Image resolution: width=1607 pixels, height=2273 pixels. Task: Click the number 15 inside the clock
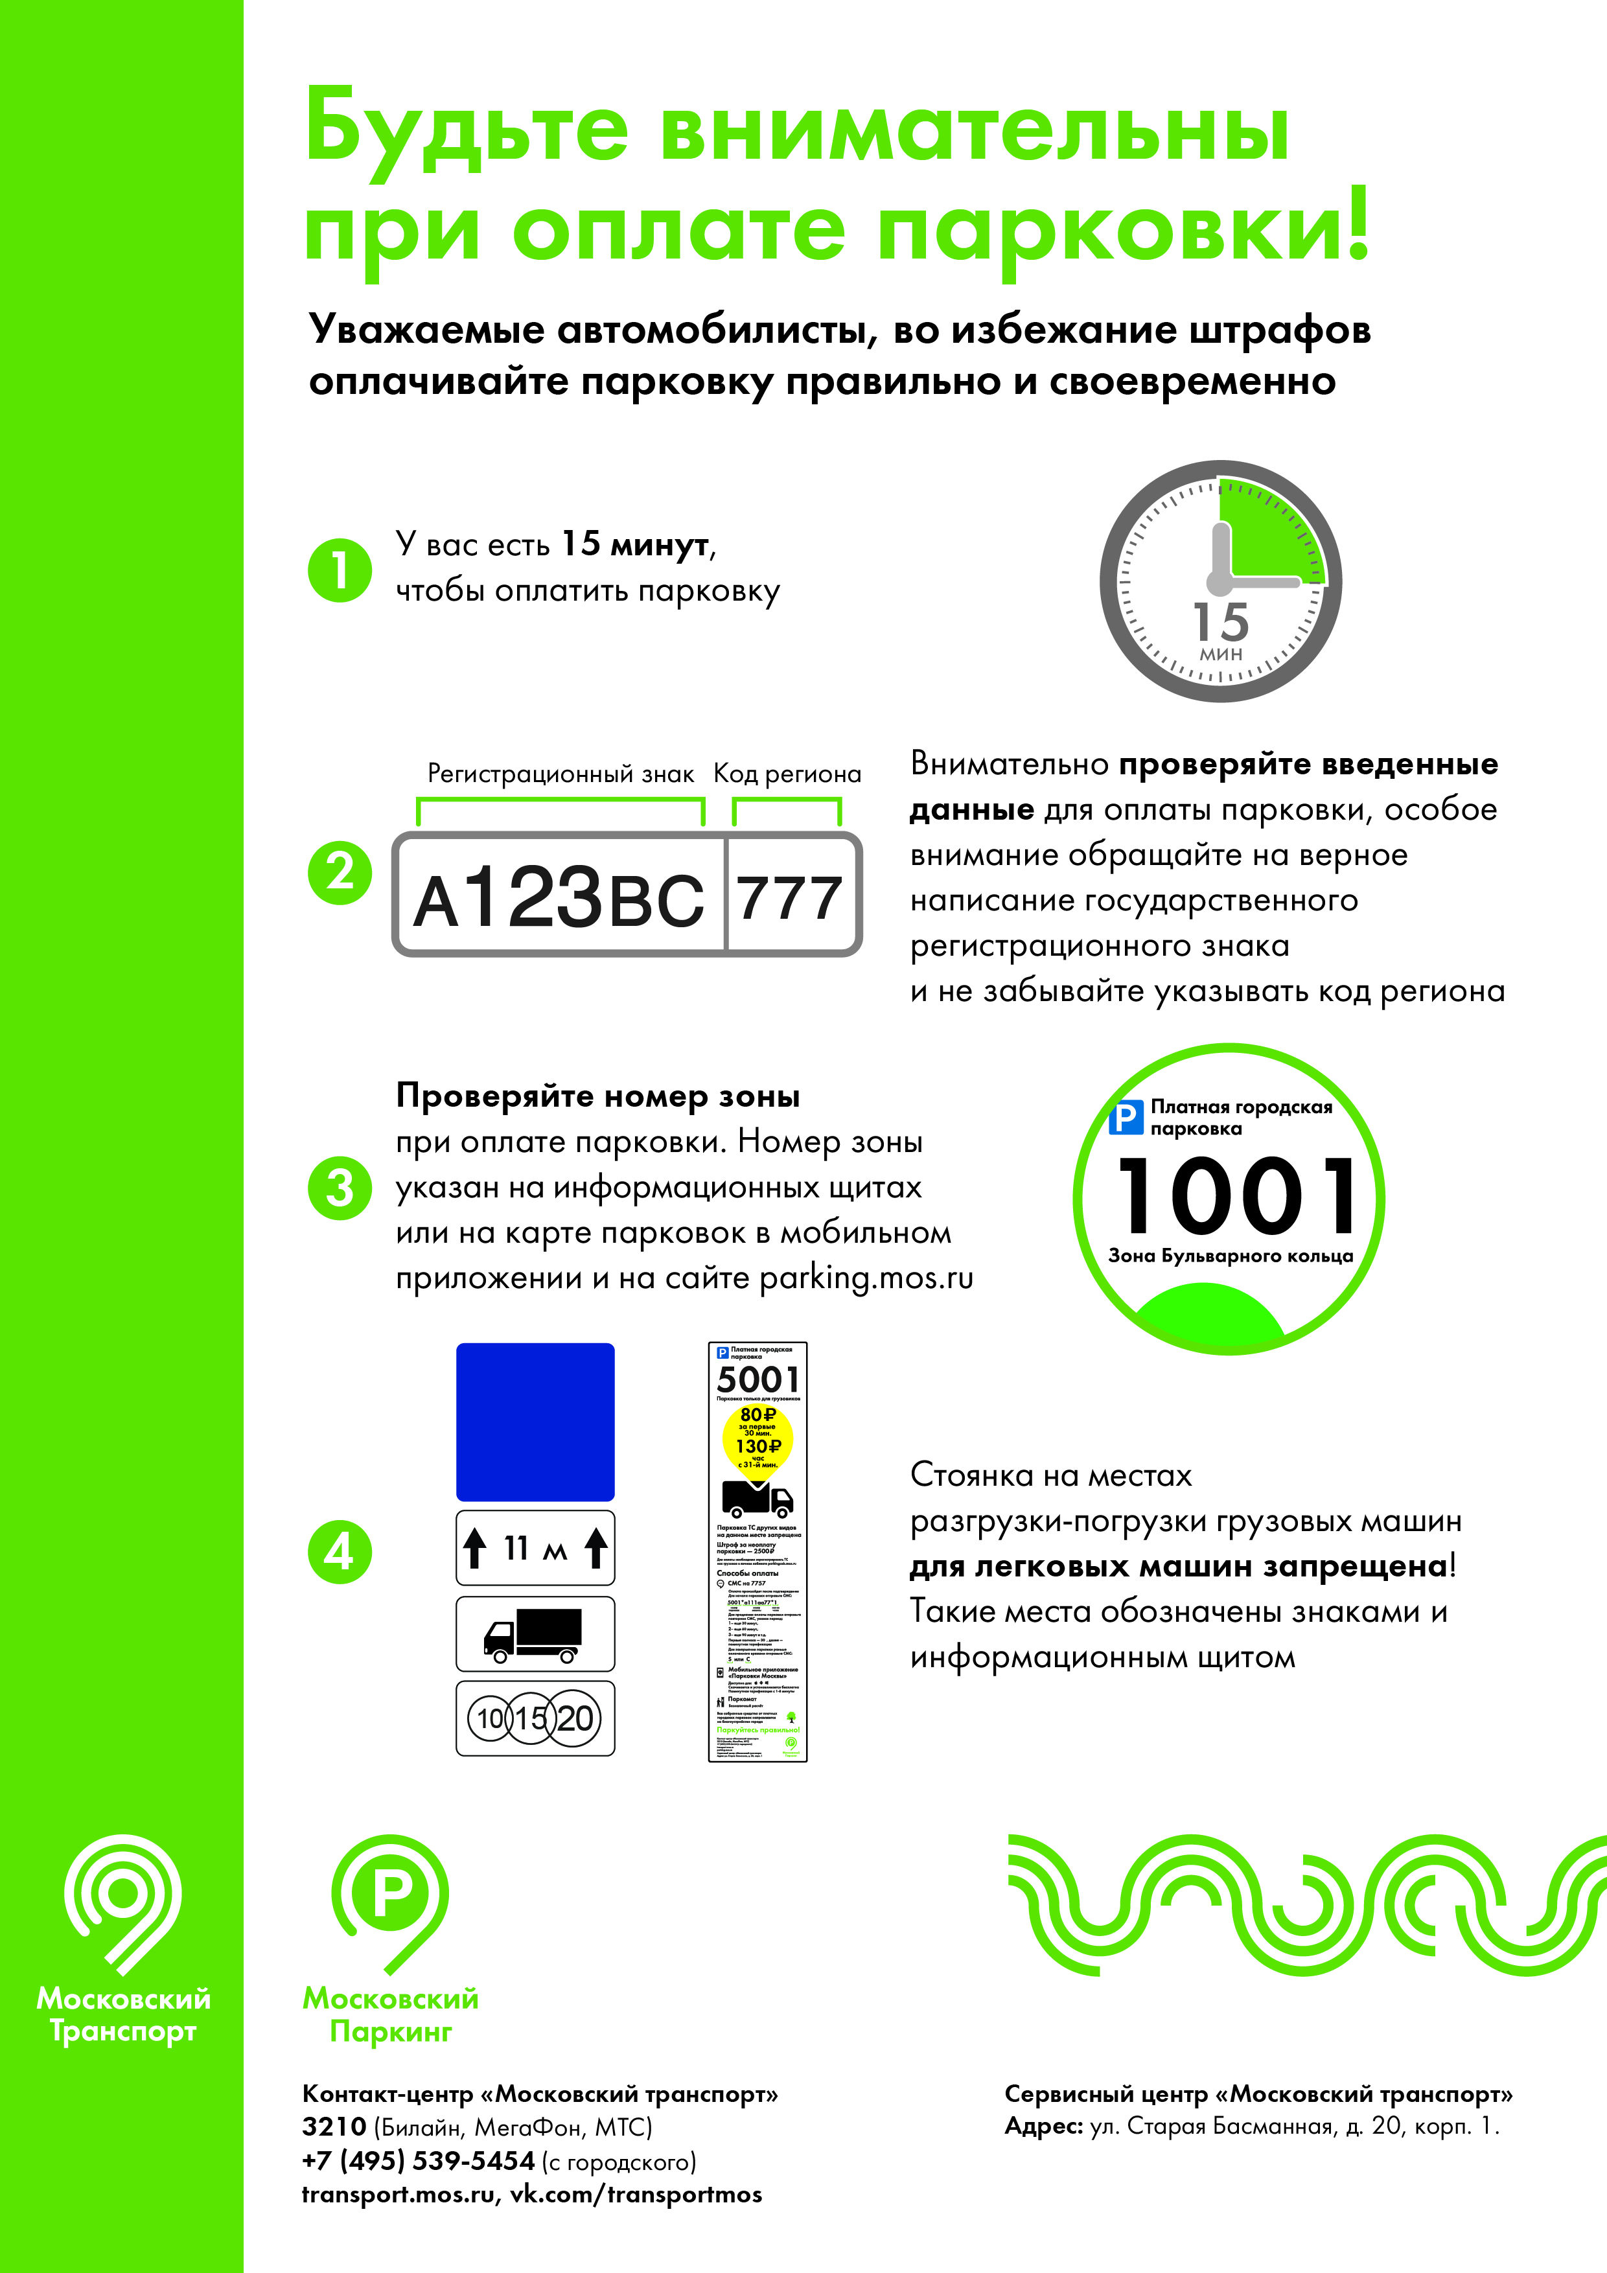pos(1221,623)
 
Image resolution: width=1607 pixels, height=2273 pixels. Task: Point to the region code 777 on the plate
pos(790,898)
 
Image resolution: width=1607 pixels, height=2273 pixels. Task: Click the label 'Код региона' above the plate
pos(787,774)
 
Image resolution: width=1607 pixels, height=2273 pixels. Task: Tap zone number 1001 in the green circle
pos(1236,1196)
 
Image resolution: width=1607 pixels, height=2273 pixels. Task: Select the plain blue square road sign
pos(535,1422)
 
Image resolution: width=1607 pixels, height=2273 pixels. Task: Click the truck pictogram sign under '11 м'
pos(535,1633)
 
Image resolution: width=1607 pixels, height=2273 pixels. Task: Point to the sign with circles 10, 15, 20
pos(535,1718)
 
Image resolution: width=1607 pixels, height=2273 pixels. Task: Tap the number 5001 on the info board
pos(757,1379)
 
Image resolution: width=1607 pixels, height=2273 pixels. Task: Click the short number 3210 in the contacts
pos(334,2127)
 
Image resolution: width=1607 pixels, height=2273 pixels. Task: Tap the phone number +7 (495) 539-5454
pos(418,2160)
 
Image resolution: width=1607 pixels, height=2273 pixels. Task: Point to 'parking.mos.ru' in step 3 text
pos(866,1278)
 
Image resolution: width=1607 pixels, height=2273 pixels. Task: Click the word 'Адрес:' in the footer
pos(1043,2127)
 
